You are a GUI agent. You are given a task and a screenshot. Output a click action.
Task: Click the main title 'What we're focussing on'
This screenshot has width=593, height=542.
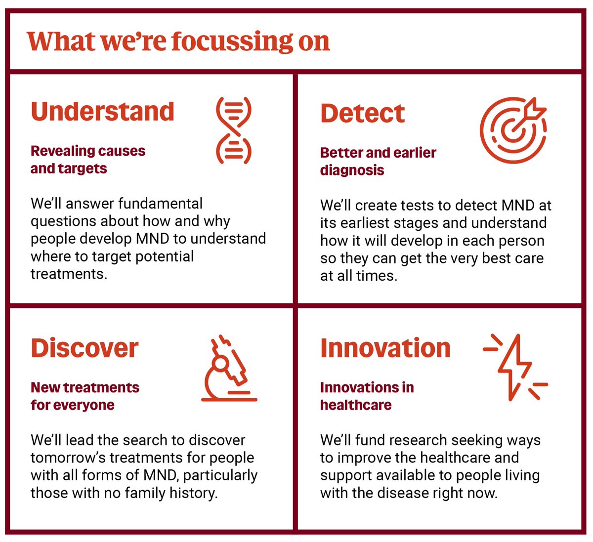(178, 42)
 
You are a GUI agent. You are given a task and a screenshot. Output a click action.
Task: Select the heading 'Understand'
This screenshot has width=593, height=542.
(102, 112)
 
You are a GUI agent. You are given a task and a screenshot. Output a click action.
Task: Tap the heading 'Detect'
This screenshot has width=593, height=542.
(362, 114)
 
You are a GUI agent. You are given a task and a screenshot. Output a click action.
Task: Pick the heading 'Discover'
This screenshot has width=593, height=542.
(85, 348)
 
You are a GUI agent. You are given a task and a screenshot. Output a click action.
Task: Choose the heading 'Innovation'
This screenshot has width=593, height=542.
(385, 348)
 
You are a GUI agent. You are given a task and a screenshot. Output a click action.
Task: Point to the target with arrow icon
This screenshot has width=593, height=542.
(513, 130)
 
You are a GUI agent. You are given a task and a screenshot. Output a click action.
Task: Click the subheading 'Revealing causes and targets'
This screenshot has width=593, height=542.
(87, 160)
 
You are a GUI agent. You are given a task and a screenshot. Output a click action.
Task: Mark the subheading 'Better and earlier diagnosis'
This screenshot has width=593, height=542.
(378, 161)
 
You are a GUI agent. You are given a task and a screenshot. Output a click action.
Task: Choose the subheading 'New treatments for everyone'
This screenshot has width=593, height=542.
(85, 396)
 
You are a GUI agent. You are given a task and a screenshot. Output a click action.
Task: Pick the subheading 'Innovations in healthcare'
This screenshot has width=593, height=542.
(367, 396)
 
